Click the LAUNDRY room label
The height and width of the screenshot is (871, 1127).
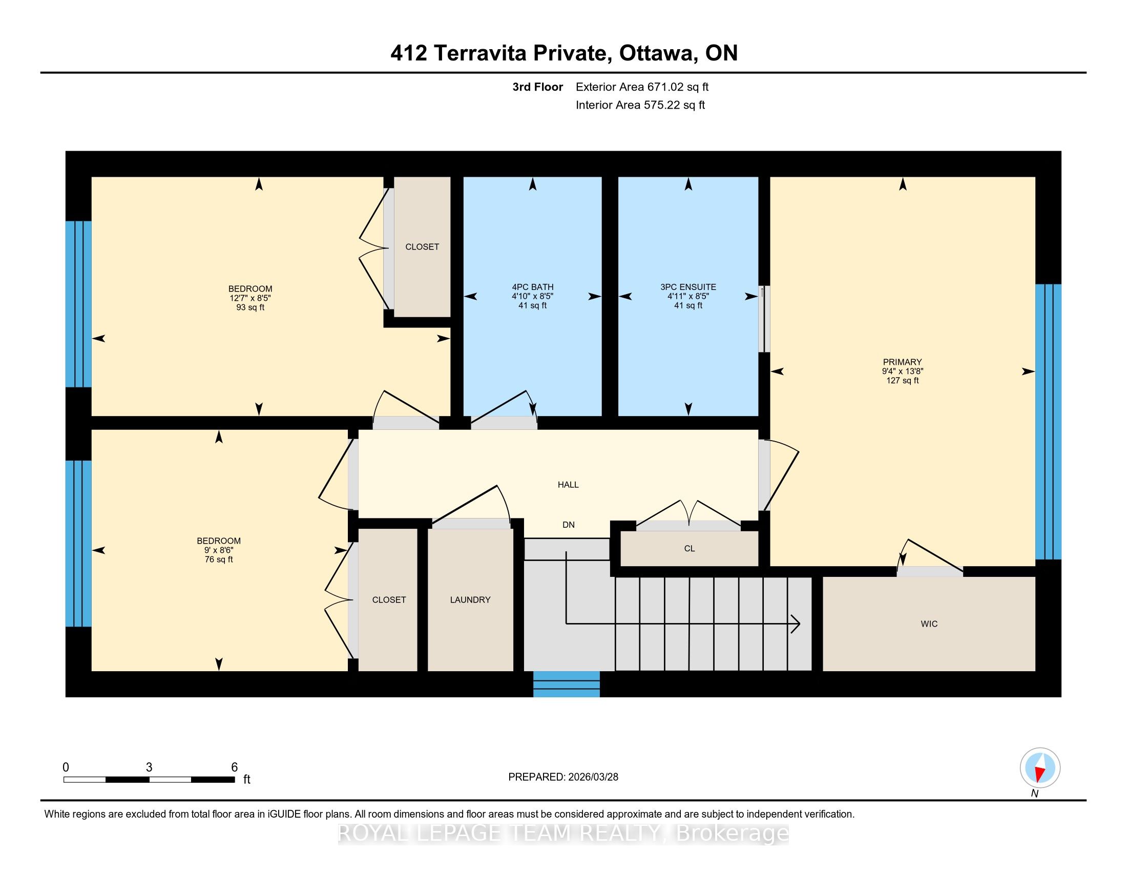pyautogui.click(x=470, y=599)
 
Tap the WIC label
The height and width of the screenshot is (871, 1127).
pyautogui.click(x=929, y=624)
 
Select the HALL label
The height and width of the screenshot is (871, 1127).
pyautogui.click(x=568, y=485)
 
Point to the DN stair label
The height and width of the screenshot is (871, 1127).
pyautogui.click(x=568, y=525)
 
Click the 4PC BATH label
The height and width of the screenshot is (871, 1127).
pyautogui.click(x=533, y=287)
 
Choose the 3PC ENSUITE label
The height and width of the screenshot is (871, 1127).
pyautogui.click(x=688, y=287)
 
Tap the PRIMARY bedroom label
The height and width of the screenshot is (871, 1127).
pyautogui.click(x=902, y=362)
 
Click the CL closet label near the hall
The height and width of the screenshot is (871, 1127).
pyautogui.click(x=690, y=549)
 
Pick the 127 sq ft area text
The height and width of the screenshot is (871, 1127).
pyautogui.click(x=903, y=381)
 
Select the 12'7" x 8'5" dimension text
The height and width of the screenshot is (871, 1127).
pyautogui.click(x=251, y=298)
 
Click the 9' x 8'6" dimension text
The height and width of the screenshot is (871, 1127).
pyautogui.click(x=219, y=550)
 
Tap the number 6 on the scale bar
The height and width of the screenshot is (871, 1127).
pyautogui.click(x=234, y=768)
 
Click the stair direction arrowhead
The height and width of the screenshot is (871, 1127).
pyautogui.click(x=796, y=625)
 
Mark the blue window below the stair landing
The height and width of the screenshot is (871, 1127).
pyautogui.click(x=566, y=684)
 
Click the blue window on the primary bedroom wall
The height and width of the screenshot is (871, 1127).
pyautogui.click(x=1048, y=422)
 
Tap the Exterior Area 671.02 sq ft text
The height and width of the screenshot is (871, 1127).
pyautogui.click(x=642, y=87)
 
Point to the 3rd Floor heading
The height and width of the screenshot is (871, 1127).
pyautogui.click(x=537, y=87)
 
